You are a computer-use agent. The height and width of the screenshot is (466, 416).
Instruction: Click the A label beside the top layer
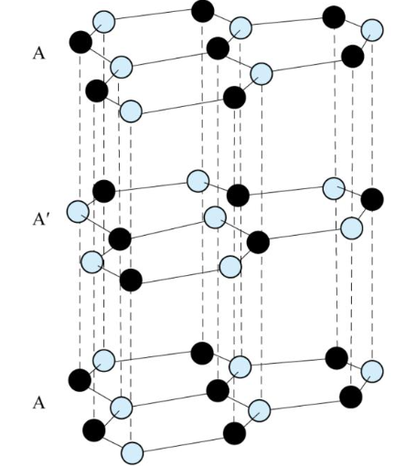(38, 54)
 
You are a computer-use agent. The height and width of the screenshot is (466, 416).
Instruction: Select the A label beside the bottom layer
(38, 402)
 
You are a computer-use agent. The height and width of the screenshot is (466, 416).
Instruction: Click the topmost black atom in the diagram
(203, 11)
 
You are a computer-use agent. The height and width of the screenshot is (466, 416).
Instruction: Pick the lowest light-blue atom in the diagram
(132, 453)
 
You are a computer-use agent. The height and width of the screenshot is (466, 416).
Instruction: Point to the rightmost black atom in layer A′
(372, 199)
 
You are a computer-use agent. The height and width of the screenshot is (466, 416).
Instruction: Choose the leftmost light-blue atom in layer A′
(78, 212)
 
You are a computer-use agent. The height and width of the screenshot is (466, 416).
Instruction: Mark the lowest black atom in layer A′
(131, 281)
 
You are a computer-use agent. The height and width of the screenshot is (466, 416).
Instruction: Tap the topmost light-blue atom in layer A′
(198, 181)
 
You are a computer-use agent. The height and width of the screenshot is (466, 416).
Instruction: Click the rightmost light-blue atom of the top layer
(372, 30)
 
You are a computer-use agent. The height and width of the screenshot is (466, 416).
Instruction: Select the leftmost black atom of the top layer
(80, 42)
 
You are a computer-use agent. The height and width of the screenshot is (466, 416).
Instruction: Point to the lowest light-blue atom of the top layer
(132, 111)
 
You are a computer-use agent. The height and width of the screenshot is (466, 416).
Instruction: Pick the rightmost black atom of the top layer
(353, 57)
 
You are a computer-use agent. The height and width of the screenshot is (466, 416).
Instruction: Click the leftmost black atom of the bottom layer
(80, 380)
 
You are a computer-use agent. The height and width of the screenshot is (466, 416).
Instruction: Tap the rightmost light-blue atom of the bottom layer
(372, 371)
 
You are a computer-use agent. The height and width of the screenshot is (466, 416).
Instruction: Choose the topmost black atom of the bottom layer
(202, 353)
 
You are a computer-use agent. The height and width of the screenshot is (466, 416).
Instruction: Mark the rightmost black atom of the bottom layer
(351, 397)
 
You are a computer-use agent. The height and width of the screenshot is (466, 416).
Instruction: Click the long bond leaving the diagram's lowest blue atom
(183, 445)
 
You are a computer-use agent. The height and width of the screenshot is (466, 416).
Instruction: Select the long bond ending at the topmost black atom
(153, 15)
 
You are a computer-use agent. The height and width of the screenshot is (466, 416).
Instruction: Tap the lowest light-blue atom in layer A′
(230, 267)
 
